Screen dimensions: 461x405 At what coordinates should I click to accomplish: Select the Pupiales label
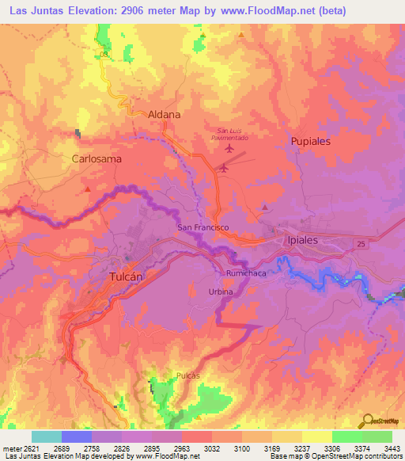coord(308,140)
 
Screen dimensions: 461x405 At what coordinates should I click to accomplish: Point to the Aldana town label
coord(165,115)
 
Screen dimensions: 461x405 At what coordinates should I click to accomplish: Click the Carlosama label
coord(97,158)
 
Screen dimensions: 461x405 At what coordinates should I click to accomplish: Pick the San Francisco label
coord(202,227)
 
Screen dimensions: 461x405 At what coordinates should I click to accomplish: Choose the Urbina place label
coord(221,291)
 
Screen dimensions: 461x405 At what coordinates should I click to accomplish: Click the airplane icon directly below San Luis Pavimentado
coord(230,148)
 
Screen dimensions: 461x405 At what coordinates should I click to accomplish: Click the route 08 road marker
coord(104,54)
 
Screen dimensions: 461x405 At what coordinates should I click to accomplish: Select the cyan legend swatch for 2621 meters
coord(46,436)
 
